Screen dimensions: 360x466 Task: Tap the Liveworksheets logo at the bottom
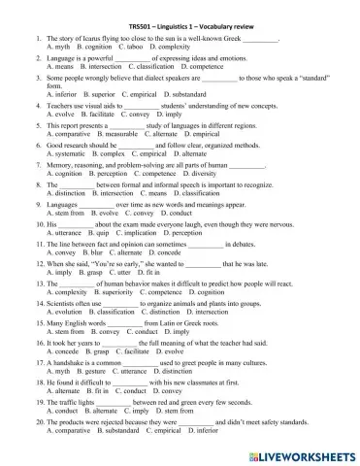pos(297,452)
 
